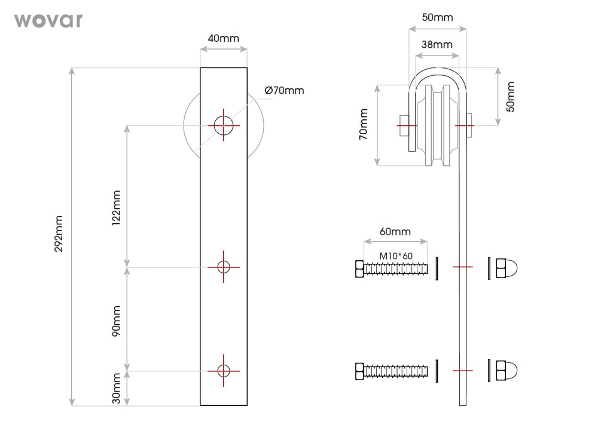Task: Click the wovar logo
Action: click(48, 20)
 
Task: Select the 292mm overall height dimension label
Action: click(59, 233)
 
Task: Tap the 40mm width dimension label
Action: click(223, 38)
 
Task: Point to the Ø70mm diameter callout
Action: click(284, 91)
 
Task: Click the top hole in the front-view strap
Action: click(224, 125)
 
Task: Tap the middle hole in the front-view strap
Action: click(224, 267)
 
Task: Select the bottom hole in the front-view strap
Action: click(224, 371)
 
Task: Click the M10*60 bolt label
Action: click(396, 256)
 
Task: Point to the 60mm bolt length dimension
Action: click(395, 232)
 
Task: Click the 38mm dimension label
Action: click(437, 44)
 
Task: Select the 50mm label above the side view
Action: click(437, 17)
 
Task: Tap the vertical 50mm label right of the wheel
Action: click(510, 96)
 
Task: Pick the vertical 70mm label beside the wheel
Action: click(364, 125)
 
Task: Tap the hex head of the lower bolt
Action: click(359, 371)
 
